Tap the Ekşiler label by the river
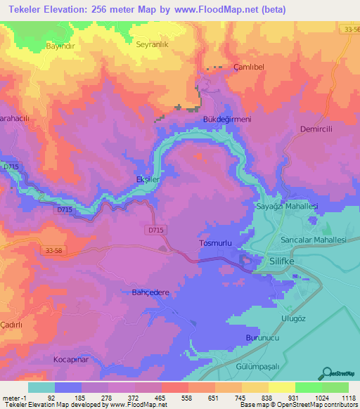pyautogui.click(x=148, y=180)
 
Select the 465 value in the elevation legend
pyautogui.click(x=161, y=398)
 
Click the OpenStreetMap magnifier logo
pyautogui.click(x=327, y=372)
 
